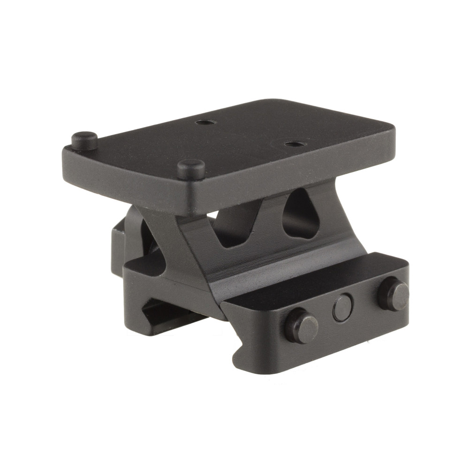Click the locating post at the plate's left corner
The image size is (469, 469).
point(84,139)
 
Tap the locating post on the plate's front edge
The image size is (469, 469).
point(191,167)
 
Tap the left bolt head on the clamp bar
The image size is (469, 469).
point(301,325)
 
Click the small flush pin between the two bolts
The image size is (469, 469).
point(343,308)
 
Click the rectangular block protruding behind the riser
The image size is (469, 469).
point(117,249)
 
